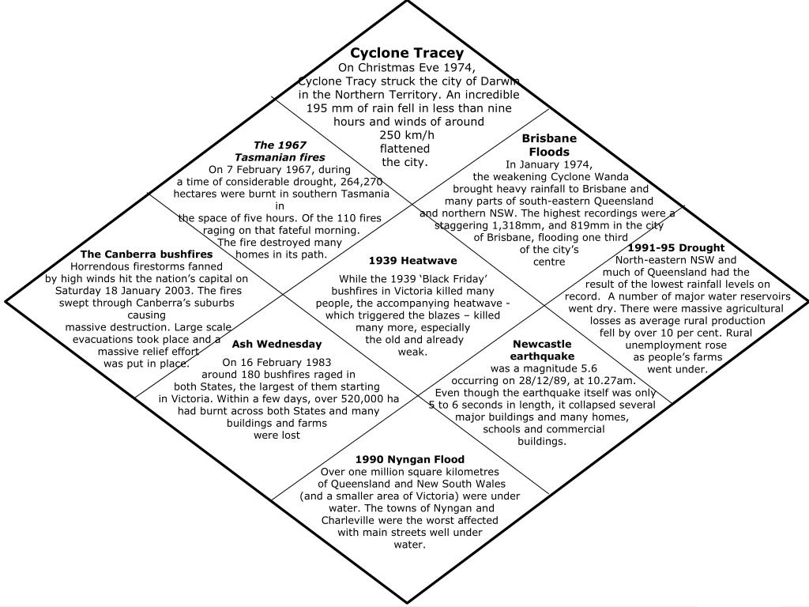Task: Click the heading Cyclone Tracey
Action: click(407, 53)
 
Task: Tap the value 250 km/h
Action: click(407, 135)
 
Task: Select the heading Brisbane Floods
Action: click(549, 145)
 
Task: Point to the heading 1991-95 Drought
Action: click(675, 247)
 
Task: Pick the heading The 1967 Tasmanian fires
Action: click(280, 151)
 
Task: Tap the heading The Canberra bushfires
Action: click(146, 254)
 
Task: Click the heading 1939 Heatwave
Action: click(412, 260)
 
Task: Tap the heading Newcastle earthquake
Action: click(542, 350)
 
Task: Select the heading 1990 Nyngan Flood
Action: click(409, 459)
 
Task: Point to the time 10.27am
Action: click(609, 380)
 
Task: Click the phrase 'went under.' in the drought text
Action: click(677, 368)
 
